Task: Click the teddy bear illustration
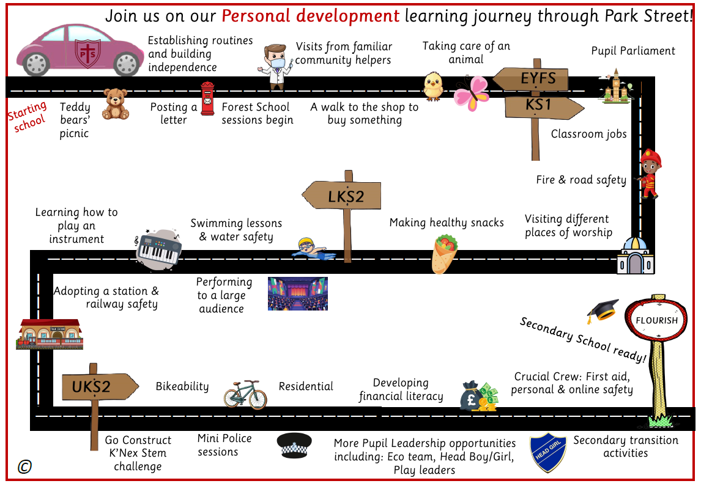tap(116, 103)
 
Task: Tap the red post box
tap(208, 99)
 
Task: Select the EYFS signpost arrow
tap(530, 79)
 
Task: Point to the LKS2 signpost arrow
tap(342, 196)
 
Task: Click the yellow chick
tap(434, 86)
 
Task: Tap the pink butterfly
tap(471, 93)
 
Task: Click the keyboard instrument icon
tap(158, 247)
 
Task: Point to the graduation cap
tap(603, 311)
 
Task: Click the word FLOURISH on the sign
tap(657, 320)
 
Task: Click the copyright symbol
tap(24, 467)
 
